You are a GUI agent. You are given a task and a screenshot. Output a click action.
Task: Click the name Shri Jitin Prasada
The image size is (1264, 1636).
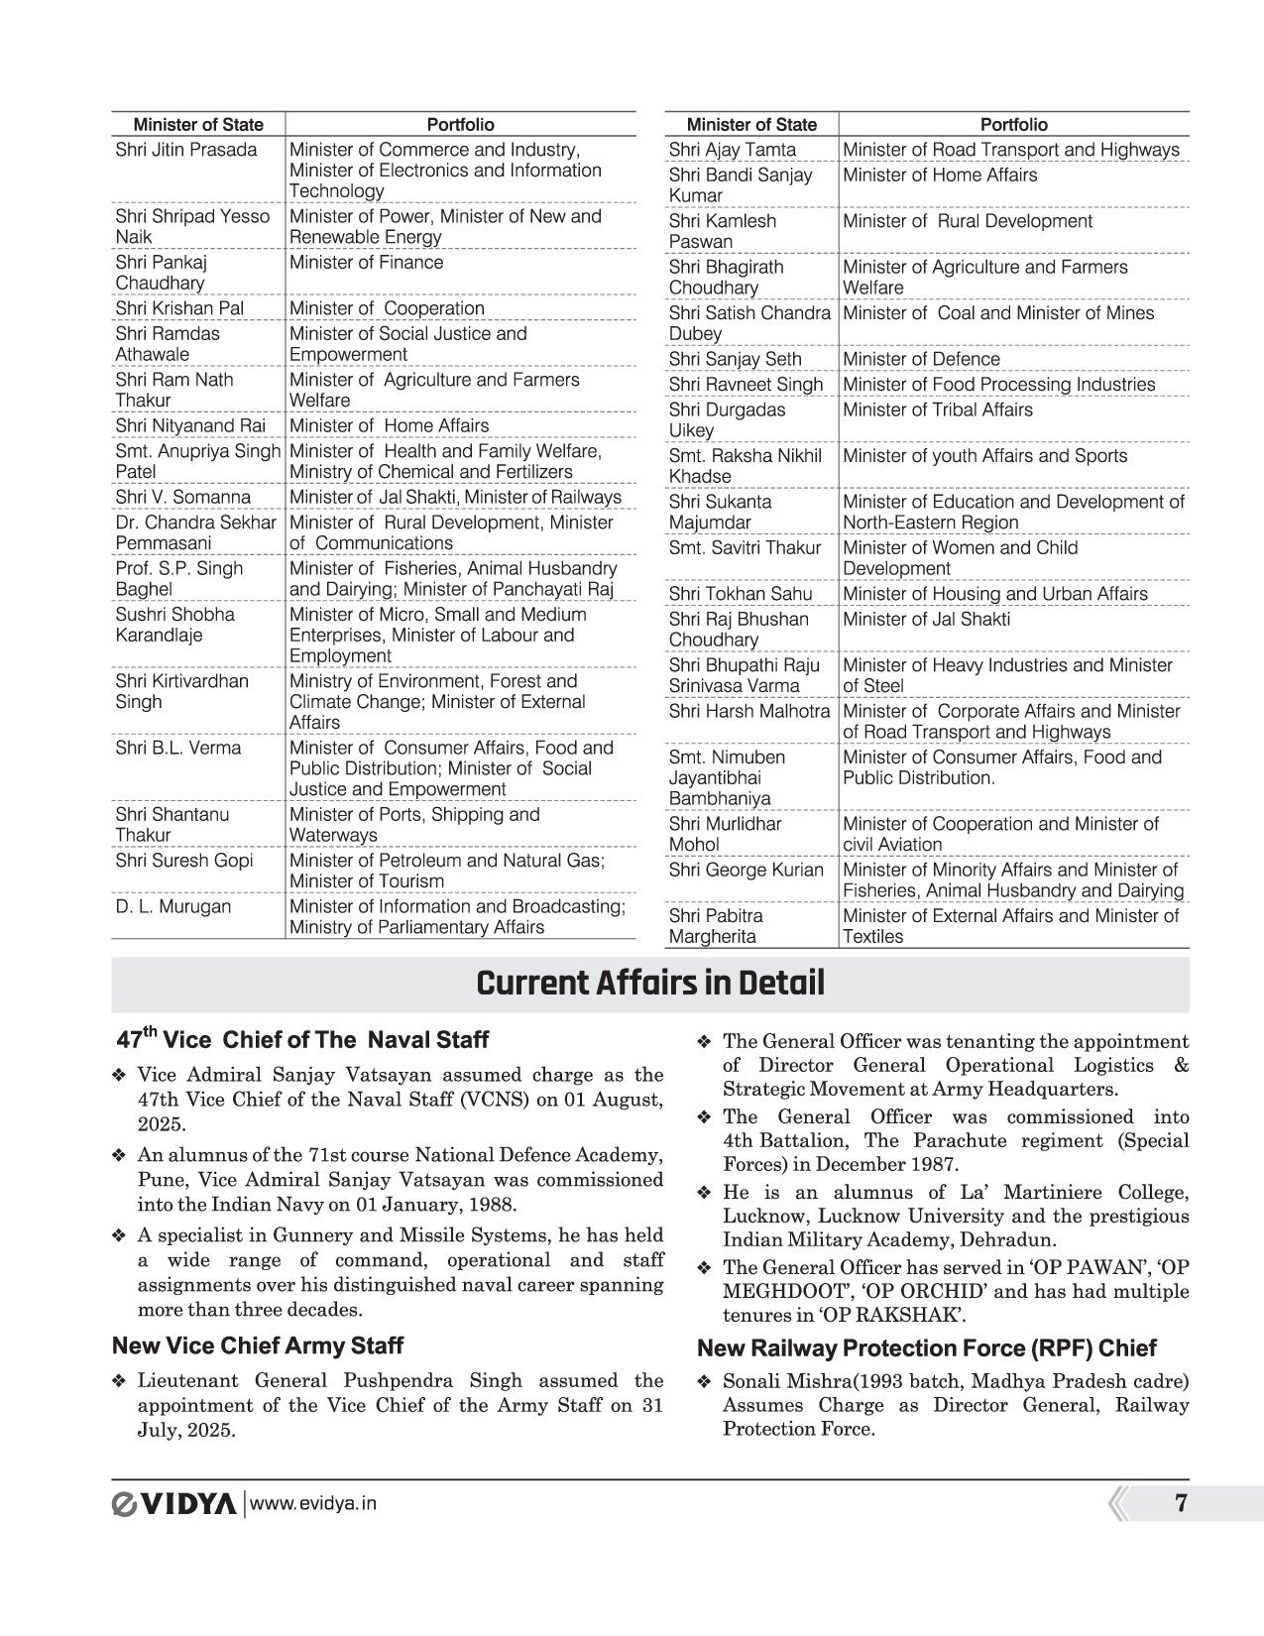(x=185, y=150)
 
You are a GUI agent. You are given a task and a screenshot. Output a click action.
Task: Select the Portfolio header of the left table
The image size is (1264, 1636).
(x=460, y=125)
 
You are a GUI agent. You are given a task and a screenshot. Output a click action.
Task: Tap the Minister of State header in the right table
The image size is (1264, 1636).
(x=751, y=125)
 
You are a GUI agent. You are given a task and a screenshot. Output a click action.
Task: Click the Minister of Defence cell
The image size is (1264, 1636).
(x=921, y=359)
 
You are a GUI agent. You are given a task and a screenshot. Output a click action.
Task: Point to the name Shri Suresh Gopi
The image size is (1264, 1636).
(x=184, y=861)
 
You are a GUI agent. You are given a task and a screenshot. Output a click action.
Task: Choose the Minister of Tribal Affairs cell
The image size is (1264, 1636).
(x=937, y=409)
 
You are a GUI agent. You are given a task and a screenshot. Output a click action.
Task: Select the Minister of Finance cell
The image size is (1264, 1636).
(x=366, y=263)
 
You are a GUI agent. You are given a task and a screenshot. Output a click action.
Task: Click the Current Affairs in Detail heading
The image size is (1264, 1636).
(x=650, y=984)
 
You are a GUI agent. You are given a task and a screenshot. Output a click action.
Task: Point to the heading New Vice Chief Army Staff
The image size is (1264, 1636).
(x=258, y=1345)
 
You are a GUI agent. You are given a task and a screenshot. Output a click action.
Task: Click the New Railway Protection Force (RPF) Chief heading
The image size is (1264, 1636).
(x=927, y=1348)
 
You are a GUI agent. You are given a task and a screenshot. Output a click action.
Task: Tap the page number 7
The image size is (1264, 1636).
(x=1180, y=1503)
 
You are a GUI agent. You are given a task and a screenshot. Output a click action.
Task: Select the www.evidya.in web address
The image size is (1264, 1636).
(x=314, y=1504)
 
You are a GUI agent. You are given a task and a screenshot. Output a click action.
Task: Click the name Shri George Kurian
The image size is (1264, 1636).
(x=746, y=871)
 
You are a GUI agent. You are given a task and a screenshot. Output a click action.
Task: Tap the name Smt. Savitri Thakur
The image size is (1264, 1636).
(x=745, y=547)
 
